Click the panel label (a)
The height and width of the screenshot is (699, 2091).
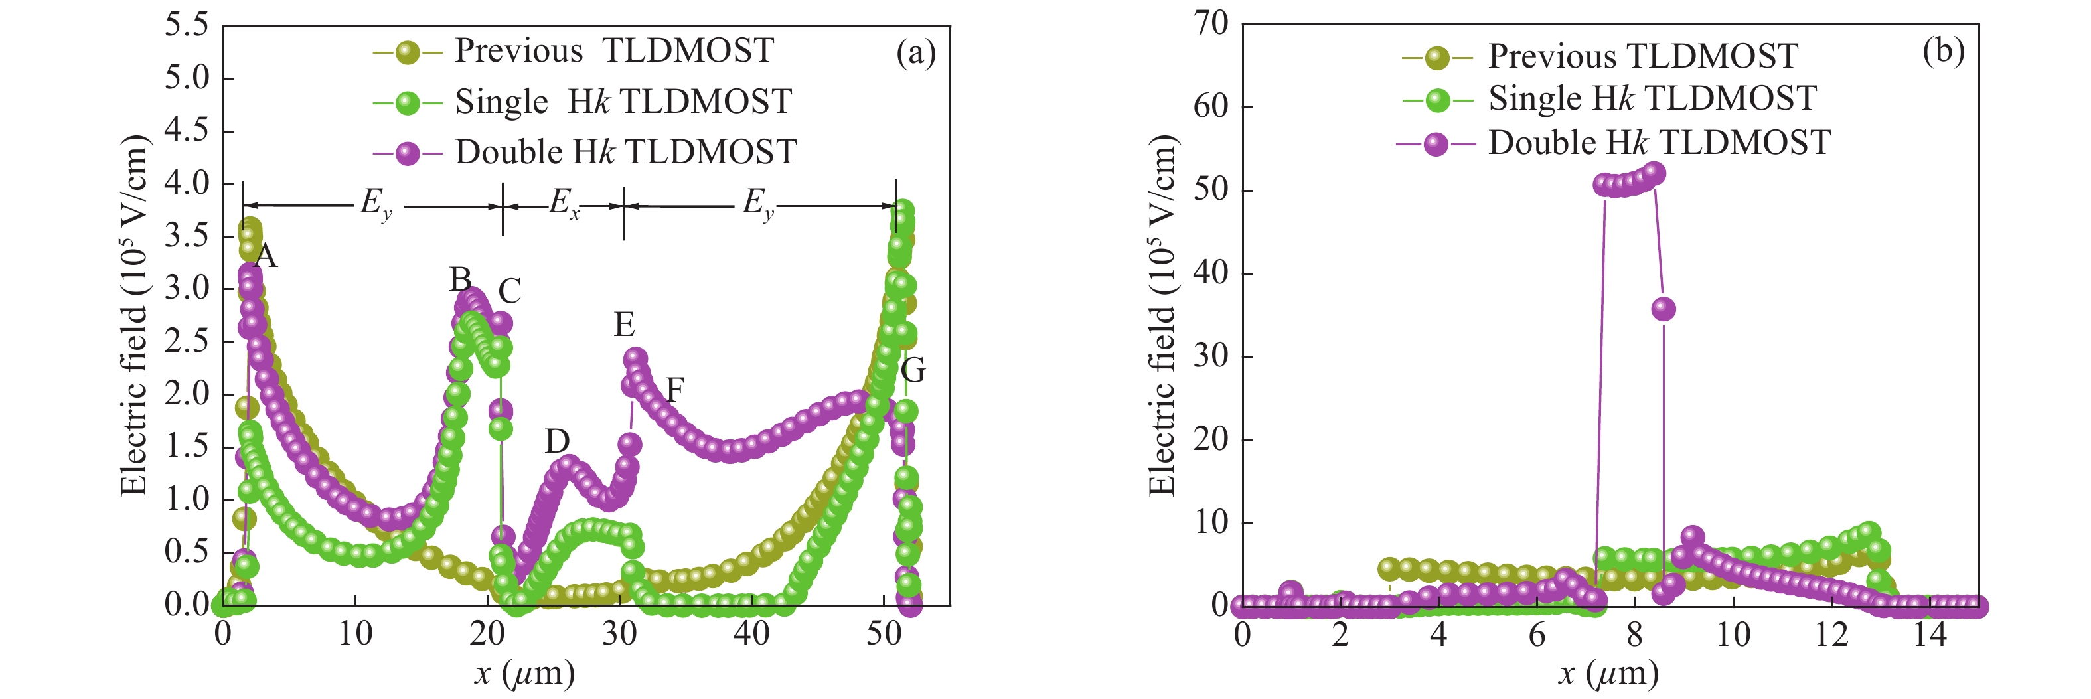(915, 54)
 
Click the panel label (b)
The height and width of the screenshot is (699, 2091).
(1943, 51)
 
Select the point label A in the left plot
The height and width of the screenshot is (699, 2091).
(266, 256)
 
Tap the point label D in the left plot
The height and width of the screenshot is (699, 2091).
(557, 441)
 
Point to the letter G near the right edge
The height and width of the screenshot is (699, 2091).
(913, 371)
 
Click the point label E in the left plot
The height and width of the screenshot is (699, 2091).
(624, 325)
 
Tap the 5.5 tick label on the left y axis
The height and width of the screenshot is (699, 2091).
(187, 25)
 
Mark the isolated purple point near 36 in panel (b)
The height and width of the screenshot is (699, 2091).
(1664, 309)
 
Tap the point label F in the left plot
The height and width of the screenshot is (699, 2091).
(674, 390)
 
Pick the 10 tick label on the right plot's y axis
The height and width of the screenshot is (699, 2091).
(1211, 522)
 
